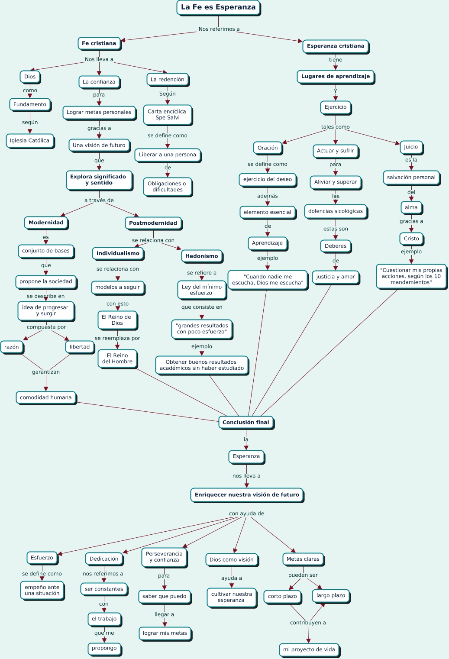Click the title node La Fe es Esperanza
[x=218, y=7]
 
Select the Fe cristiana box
[x=99, y=43]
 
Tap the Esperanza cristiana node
[x=336, y=46]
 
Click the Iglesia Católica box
[x=29, y=141]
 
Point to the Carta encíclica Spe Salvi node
[x=167, y=114]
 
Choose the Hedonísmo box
[x=202, y=256]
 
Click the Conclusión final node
[x=245, y=422]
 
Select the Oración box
[x=268, y=148]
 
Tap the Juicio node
[x=411, y=147]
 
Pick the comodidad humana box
[x=46, y=397]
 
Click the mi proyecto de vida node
[x=309, y=649]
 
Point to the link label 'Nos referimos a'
[x=219, y=29]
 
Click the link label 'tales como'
[x=336, y=127]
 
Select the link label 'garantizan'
[x=46, y=372]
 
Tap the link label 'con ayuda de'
[x=246, y=514]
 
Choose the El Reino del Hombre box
[x=117, y=359]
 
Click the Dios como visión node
[x=232, y=559]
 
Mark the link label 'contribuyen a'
[x=308, y=623]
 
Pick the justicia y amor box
[x=336, y=277]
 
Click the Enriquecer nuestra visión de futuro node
[x=247, y=494]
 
